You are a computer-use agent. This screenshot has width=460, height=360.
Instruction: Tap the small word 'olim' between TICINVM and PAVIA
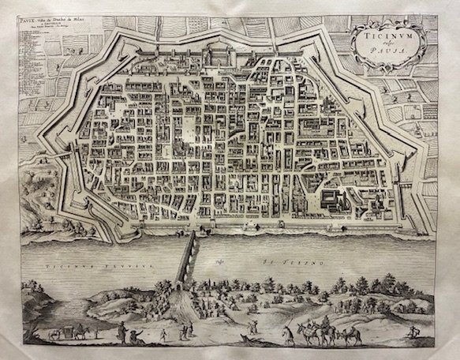pyautogui.click(x=385, y=46)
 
